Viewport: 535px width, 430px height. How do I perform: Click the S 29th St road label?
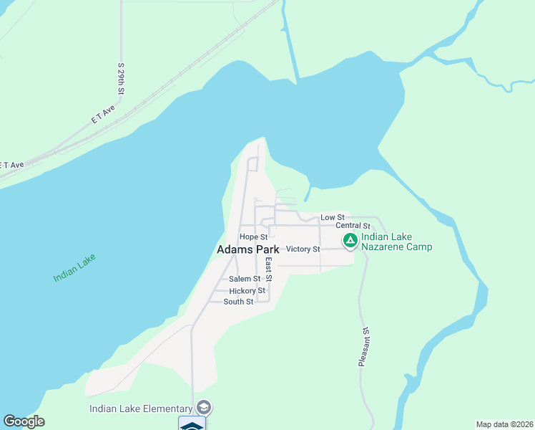coord(122,79)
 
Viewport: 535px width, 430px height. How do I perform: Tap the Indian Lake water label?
coord(74,268)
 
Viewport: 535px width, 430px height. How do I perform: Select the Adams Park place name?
coord(247,249)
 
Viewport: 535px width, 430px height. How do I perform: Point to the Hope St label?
coord(253,236)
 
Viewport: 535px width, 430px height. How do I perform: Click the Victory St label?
coord(302,249)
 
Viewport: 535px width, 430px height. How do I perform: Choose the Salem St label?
coord(245,279)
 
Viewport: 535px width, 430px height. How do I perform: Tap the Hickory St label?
coord(247,291)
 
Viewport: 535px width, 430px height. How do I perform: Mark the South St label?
coord(238,302)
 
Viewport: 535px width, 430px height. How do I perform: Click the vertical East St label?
coord(268,269)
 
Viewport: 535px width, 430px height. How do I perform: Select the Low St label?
coord(332,217)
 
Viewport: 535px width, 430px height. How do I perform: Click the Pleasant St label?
coord(364,348)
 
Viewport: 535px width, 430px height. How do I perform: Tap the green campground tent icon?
coord(350,241)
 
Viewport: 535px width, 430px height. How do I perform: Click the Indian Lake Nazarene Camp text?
coord(396,242)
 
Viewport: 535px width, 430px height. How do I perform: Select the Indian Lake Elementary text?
coord(141,408)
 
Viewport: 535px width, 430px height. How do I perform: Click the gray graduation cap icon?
coord(204,408)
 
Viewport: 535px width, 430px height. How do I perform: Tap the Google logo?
coord(24,421)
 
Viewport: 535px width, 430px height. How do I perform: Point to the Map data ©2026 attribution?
coord(504,424)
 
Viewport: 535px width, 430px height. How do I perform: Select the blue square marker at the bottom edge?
coord(192,424)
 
